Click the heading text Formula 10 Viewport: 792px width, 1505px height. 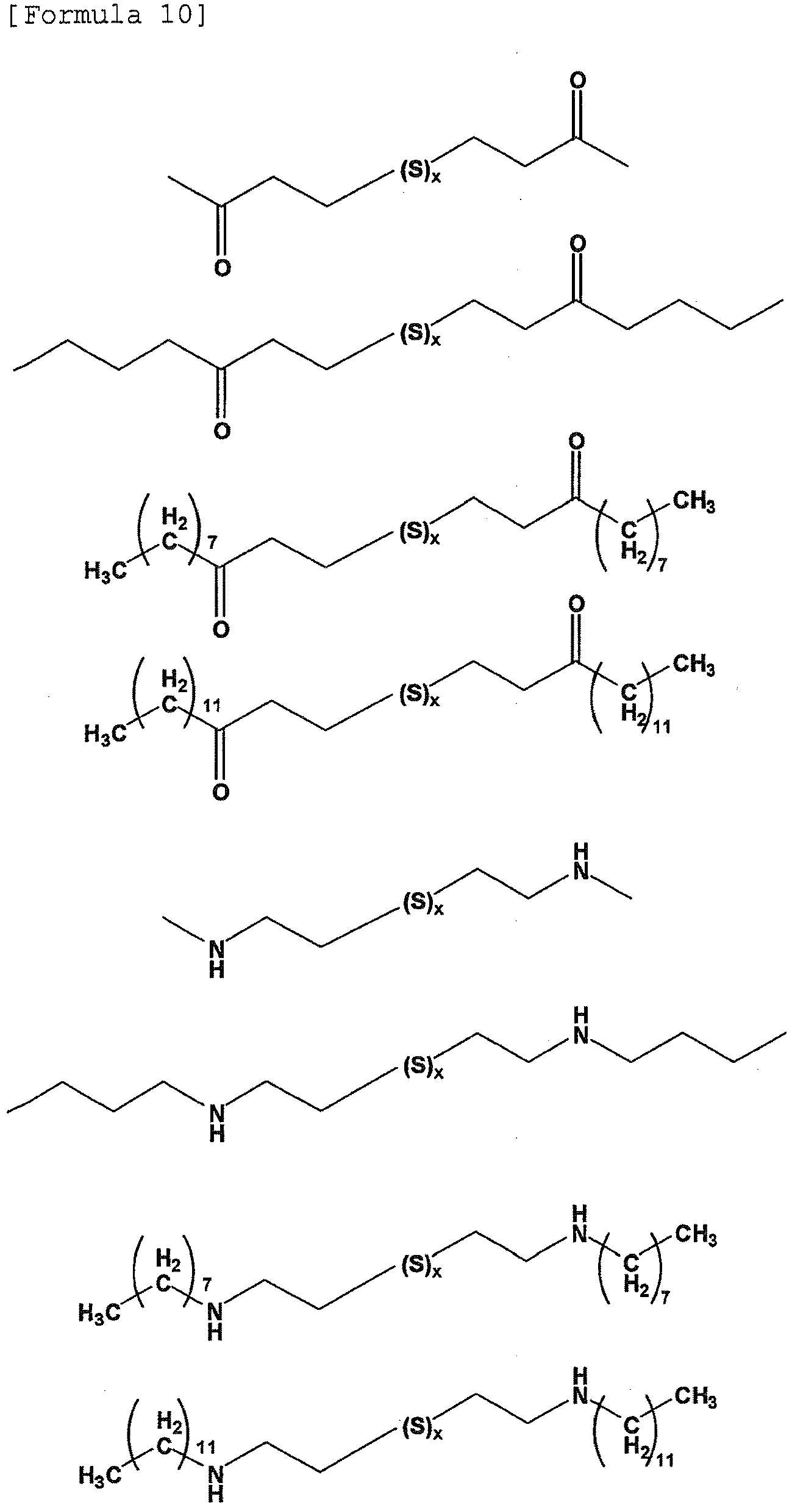pyautogui.click(x=108, y=15)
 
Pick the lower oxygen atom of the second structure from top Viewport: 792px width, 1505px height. pyautogui.click(x=222, y=431)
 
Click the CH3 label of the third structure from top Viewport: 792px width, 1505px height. pyautogui.click(x=694, y=504)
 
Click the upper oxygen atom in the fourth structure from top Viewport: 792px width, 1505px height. pyautogui.click(x=576, y=604)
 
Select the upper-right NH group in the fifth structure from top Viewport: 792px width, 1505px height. pyautogui.click(x=582, y=862)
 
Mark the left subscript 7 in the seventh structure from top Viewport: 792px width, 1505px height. pyautogui.click(x=206, y=1284)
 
